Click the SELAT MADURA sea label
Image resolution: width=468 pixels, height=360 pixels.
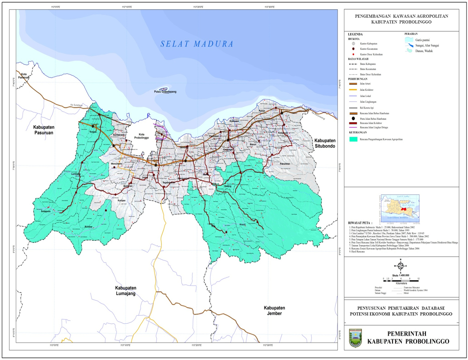[197, 44]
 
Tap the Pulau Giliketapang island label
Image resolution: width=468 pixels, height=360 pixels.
[165, 91]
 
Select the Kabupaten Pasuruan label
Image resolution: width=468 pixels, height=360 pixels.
[44, 130]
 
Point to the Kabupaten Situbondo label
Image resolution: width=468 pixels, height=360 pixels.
[324, 143]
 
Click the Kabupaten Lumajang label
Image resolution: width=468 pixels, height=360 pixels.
[126, 291]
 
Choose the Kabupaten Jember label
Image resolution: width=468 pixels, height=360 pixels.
[274, 311]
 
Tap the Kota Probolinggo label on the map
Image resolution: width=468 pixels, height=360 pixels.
[141, 136]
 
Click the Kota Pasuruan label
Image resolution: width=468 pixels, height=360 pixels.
[24, 76]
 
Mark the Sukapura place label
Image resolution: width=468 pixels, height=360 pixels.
[46, 211]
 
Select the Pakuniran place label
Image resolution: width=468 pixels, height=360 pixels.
[285, 164]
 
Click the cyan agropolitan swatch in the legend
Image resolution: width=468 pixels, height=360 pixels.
[353, 139]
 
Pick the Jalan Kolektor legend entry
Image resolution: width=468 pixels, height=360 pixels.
[366, 90]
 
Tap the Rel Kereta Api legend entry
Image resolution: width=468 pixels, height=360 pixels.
[367, 108]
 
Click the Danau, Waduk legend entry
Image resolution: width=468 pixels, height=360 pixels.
[424, 51]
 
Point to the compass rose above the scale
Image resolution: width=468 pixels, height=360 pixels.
[401, 266]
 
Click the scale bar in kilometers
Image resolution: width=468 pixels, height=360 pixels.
[401, 280]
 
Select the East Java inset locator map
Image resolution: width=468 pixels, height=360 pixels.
[400, 208]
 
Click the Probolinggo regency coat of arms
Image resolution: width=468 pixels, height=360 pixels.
[355, 338]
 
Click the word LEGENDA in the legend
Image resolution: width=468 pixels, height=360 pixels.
[355, 34]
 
